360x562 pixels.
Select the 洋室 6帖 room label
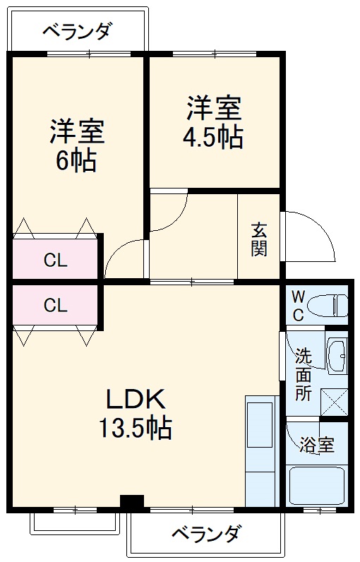(77, 145)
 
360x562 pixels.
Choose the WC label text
(298, 305)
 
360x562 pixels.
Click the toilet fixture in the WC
(332, 305)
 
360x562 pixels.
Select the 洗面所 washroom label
(304, 374)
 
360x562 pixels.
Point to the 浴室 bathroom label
(316, 445)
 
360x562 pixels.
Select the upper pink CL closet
(56, 260)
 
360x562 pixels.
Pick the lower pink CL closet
(56, 305)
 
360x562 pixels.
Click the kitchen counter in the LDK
(261, 452)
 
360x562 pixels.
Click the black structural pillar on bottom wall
(132, 501)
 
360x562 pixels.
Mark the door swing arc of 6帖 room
(124, 258)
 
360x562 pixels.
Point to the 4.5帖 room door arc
(169, 212)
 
